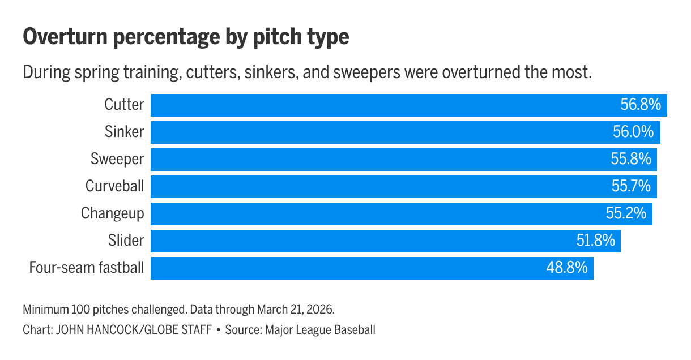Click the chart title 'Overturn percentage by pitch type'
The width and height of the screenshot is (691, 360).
186,38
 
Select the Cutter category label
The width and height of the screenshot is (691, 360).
124,105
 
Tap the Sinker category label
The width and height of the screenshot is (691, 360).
124,132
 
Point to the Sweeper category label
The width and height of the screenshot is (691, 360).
117,159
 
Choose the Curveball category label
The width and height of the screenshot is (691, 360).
115,186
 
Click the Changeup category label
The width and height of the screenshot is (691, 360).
113,213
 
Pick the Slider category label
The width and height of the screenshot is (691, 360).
126,241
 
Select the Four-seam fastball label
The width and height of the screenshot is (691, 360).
87,267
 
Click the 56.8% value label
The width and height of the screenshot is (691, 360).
641,105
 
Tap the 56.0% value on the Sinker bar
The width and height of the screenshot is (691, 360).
633,132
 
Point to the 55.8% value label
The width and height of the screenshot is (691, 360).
630,159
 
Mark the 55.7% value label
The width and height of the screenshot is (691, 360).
630,186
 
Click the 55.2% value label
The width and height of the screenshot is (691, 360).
626,213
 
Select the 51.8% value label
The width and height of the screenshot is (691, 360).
595,241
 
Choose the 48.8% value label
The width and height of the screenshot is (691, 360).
567,267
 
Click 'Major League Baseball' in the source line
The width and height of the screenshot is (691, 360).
320,329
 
